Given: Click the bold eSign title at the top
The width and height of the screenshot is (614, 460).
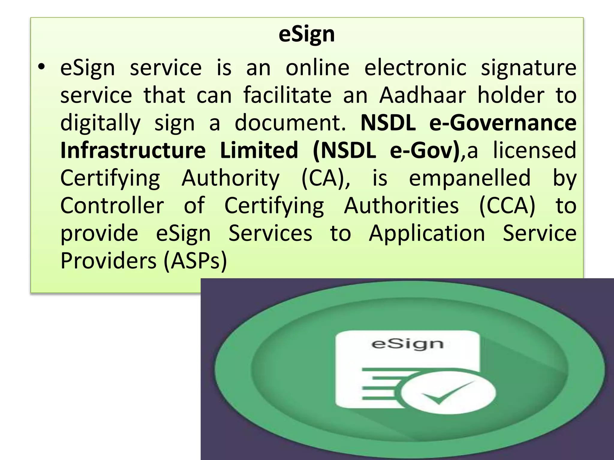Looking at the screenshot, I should coord(306,35).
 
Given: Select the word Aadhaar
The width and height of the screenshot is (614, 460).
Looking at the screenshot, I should coord(422,96).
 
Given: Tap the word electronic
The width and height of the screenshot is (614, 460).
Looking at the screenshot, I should coord(415,68).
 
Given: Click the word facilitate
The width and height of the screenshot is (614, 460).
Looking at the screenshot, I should coord(287,96).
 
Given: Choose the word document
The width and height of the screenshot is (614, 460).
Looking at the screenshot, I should coord(290,123).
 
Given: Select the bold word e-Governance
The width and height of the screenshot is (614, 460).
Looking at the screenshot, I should coord(503,123).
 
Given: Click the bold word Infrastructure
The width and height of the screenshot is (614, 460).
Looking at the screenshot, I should coord(133,150).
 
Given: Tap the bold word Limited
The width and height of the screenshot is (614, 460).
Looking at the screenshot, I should coord(259,150).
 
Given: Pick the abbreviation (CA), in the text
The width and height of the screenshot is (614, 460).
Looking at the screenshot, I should coord(326,178).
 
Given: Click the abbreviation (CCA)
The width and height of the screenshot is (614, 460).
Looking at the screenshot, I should coord(507,206).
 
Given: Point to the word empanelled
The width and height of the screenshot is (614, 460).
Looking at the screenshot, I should coord(470,178).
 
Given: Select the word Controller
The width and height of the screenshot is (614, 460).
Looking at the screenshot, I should coord(112,206).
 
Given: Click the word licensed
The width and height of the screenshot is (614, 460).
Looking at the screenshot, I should coord(535,150).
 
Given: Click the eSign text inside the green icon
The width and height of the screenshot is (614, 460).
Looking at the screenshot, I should coord(407,344).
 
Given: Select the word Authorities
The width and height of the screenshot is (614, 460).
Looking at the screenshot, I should coord(401,206).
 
